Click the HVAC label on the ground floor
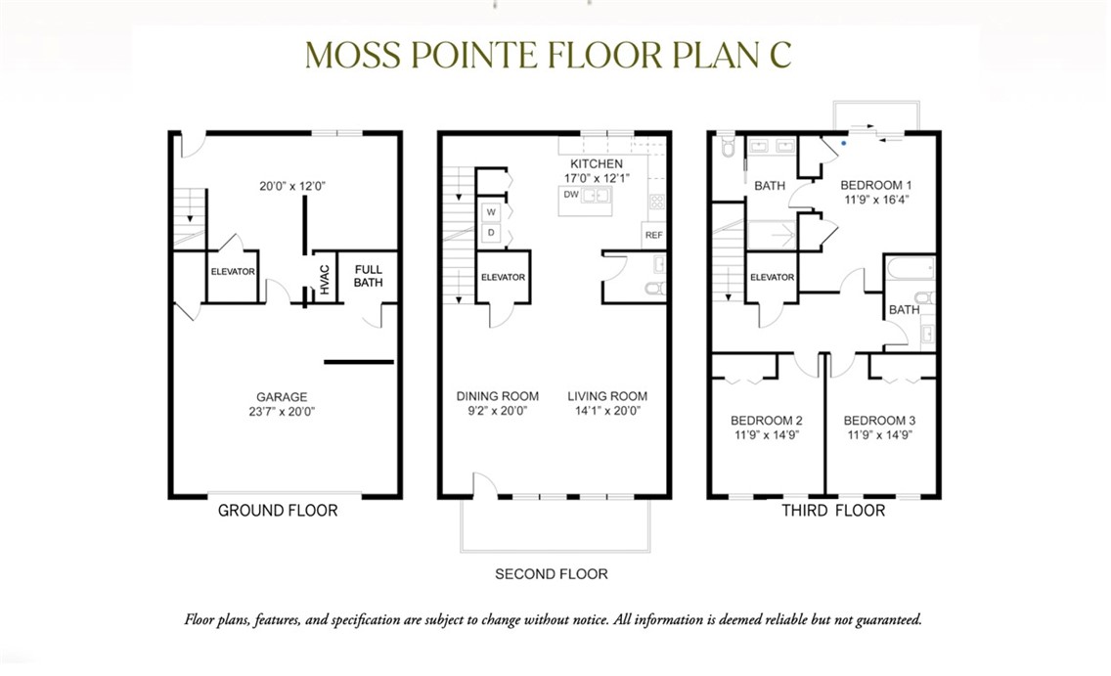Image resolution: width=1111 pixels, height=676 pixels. tap(326, 280)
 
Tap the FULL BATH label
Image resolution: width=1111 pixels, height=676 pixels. tap(369, 276)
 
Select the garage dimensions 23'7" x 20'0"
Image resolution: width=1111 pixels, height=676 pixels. tap(282, 412)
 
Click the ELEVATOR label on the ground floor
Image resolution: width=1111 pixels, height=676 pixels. tap(233, 271)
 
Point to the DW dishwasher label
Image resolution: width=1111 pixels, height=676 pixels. tap(571, 194)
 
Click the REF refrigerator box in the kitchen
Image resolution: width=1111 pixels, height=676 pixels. tap(654, 235)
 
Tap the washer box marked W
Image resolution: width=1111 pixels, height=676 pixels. tap(491, 212)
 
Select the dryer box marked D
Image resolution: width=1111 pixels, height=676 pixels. tap(491, 233)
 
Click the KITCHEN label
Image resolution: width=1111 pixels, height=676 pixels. tap(597, 163)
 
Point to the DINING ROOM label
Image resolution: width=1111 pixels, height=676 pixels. tap(498, 396)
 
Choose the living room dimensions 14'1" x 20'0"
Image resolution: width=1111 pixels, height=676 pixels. tap(607, 411)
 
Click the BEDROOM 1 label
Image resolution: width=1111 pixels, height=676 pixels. tap(876, 186)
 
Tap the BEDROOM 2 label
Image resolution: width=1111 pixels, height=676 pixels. tap(767, 421)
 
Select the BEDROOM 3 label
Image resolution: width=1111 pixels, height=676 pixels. tap(879, 421)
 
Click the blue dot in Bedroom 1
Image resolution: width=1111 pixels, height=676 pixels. tap(843, 143)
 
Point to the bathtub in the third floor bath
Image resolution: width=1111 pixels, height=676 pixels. tap(911, 269)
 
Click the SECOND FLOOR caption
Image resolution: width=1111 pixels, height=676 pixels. tap(552, 574)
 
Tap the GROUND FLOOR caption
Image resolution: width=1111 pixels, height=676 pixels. tap(278, 511)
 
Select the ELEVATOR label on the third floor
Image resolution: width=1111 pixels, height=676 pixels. tap(773, 277)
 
